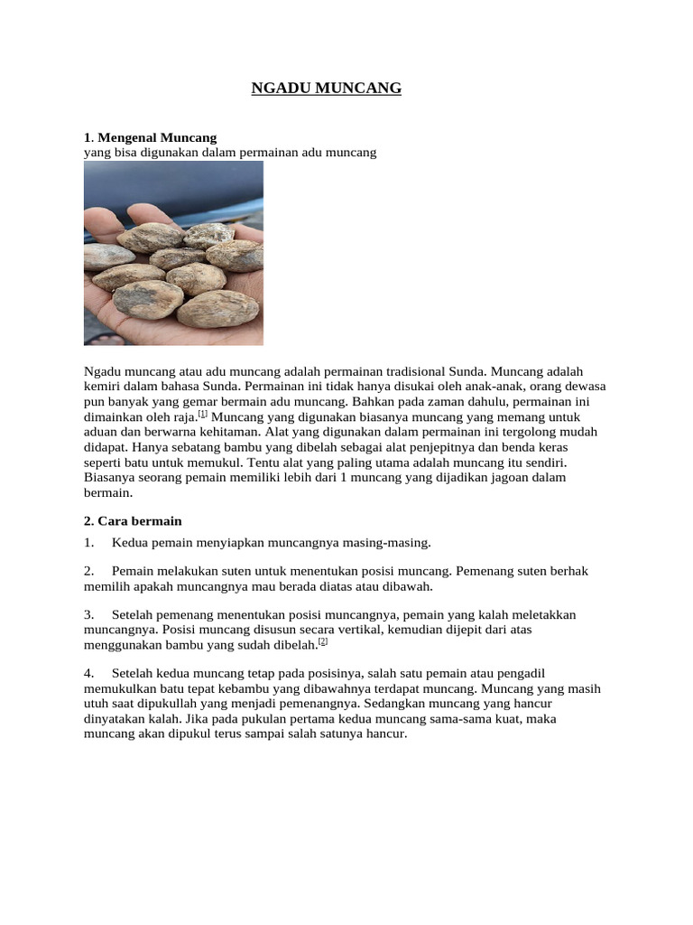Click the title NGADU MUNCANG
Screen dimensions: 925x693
pos(326,88)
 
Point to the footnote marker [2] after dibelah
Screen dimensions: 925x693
pos(323,641)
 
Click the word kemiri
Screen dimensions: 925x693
pos(102,386)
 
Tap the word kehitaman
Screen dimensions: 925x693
pos(213,432)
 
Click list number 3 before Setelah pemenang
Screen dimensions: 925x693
pos(88,614)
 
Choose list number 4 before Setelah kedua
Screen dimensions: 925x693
pos(88,673)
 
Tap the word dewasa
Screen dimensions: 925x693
pos(584,386)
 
